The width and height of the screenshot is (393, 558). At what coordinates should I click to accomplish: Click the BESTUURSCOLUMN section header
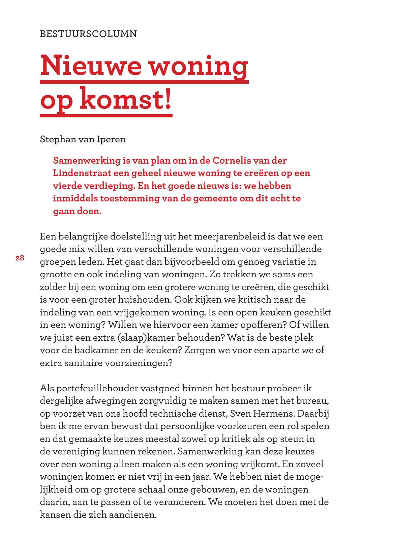coord(88,34)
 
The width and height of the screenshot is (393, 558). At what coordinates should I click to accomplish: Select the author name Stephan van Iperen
coord(83,139)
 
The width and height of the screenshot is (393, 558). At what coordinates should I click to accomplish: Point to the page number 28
coord(20,258)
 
